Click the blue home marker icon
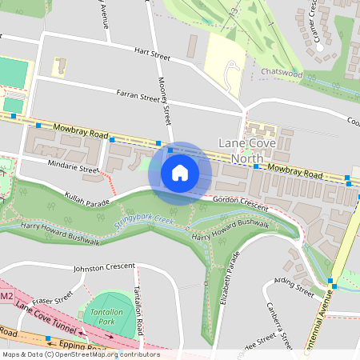click(x=180, y=173)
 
